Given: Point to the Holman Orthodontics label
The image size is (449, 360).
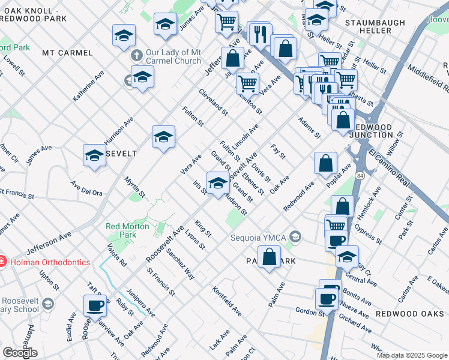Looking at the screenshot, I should (x=49, y=262).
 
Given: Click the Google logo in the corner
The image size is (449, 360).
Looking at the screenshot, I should (x=20, y=353).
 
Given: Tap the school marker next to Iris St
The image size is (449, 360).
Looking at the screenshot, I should (x=218, y=181).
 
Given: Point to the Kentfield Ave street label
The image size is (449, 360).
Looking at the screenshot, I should (x=226, y=301).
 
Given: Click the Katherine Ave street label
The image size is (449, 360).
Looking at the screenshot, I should (x=88, y=86).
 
